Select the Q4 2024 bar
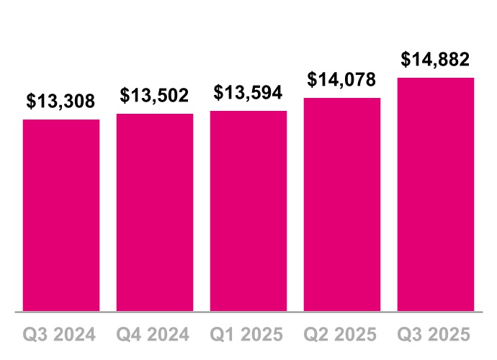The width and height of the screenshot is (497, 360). click(x=155, y=212)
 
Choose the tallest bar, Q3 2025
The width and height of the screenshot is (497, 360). click(x=436, y=194)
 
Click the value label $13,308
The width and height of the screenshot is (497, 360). click(x=61, y=102)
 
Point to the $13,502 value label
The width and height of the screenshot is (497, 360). click(x=155, y=96)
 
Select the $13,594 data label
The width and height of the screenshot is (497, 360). click(x=248, y=93)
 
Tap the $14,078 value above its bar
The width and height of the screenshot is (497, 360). click(x=342, y=79)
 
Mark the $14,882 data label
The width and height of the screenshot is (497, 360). click(x=436, y=59)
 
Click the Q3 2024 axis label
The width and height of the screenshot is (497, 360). click(x=61, y=335)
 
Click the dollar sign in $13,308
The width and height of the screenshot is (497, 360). click(x=32, y=102)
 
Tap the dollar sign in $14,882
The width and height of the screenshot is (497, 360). click(x=406, y=59)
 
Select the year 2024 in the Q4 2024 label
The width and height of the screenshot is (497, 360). click(x=169, y=335)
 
